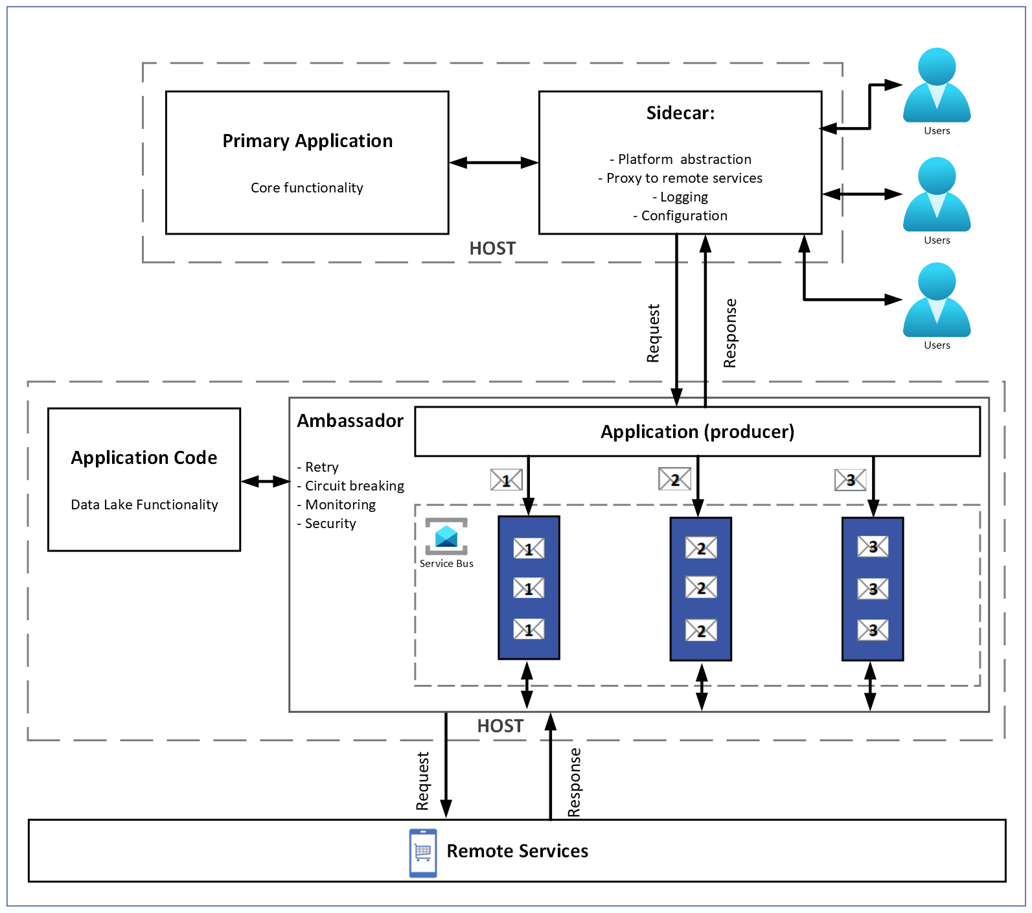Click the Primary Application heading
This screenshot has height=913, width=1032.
(x=307, y=141)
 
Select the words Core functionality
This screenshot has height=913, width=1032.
(x=306, y=188)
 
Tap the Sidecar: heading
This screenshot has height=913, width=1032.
(x=680, y=113)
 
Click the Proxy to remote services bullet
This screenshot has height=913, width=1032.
(x=680, y=178)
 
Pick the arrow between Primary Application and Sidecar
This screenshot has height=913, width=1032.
(x=494, y=163)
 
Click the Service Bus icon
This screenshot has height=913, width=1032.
(x=446, y=537)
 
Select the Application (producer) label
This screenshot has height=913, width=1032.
(x=697, y=432)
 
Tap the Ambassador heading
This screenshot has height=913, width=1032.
(x=350, y=421)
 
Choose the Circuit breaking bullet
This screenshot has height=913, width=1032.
(x=350, y=486)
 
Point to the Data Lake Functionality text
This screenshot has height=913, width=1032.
(x=144, y=505)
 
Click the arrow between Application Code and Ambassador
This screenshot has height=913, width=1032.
(x=265, y=481)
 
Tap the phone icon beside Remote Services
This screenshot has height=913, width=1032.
(x=423, y=853)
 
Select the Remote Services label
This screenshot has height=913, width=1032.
(x=517, y=851)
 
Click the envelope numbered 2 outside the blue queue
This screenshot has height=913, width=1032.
(x=674, y=480)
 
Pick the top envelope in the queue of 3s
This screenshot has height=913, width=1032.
(x=873, y=546)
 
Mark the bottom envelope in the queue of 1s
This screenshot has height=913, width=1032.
(x=529, y=629)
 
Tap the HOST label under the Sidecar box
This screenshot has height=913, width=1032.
(x=492, y=249)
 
